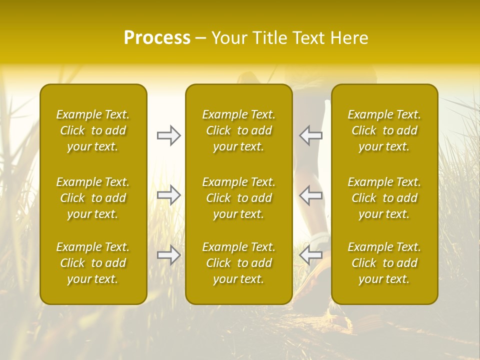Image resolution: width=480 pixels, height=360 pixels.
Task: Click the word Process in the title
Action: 157,38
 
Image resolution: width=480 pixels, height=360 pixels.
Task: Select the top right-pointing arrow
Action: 169,135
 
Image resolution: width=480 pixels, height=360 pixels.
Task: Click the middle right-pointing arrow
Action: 169,195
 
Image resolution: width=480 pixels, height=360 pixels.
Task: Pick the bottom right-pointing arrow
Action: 169,255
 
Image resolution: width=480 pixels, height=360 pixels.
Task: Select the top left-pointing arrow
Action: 311,135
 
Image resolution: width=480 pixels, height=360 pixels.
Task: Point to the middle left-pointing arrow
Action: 311,195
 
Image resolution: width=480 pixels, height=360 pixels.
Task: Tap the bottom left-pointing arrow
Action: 311,255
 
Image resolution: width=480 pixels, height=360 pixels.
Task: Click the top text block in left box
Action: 93,130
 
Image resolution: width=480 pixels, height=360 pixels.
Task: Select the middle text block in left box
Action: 93,198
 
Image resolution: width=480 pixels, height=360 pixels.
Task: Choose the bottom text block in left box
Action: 93,263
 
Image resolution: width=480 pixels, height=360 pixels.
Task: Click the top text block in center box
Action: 239,130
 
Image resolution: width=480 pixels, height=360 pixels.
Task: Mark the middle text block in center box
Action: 239,198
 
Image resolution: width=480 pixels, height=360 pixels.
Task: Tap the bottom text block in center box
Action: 239,263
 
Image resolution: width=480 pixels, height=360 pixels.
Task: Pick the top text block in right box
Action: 384,130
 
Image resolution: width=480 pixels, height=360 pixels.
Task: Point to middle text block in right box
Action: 384,198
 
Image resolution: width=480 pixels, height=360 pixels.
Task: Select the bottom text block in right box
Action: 384,263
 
